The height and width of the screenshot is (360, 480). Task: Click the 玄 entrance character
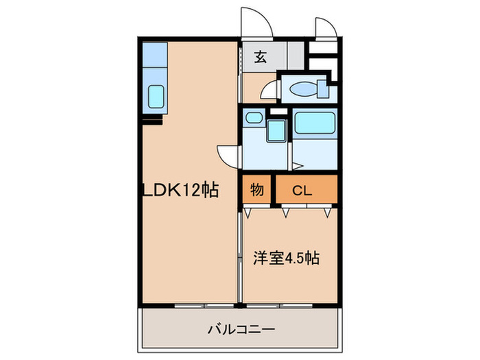coord(261,58)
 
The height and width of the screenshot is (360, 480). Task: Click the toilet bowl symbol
coord(302,88)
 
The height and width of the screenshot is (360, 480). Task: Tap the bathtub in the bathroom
coord(314,125)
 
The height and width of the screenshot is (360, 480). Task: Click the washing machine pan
coord(276,130)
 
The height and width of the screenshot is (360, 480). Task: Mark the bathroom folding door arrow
coord(296,165)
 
